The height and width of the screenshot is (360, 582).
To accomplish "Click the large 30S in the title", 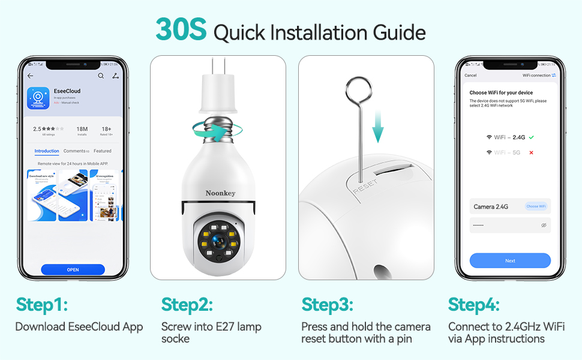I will (181, 30).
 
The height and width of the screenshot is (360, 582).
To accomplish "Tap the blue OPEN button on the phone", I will (73, 269).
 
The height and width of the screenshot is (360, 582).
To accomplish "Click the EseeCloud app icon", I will (38, 98).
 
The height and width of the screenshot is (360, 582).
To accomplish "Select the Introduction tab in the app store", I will (47, 151).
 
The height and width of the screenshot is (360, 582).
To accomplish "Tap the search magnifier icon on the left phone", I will (101, 76).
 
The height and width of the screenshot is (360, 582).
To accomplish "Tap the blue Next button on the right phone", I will (510, 260).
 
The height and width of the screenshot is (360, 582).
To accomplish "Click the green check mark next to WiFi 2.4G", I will (531, 137).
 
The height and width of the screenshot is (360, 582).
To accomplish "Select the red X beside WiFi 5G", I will (531, 152).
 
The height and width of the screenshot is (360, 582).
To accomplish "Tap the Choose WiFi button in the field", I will (536, 206).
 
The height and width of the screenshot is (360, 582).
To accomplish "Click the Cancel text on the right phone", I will (470, 76).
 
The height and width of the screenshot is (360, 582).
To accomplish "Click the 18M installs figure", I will (82, 129).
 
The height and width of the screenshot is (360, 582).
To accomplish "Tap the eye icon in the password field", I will (544, 225).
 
